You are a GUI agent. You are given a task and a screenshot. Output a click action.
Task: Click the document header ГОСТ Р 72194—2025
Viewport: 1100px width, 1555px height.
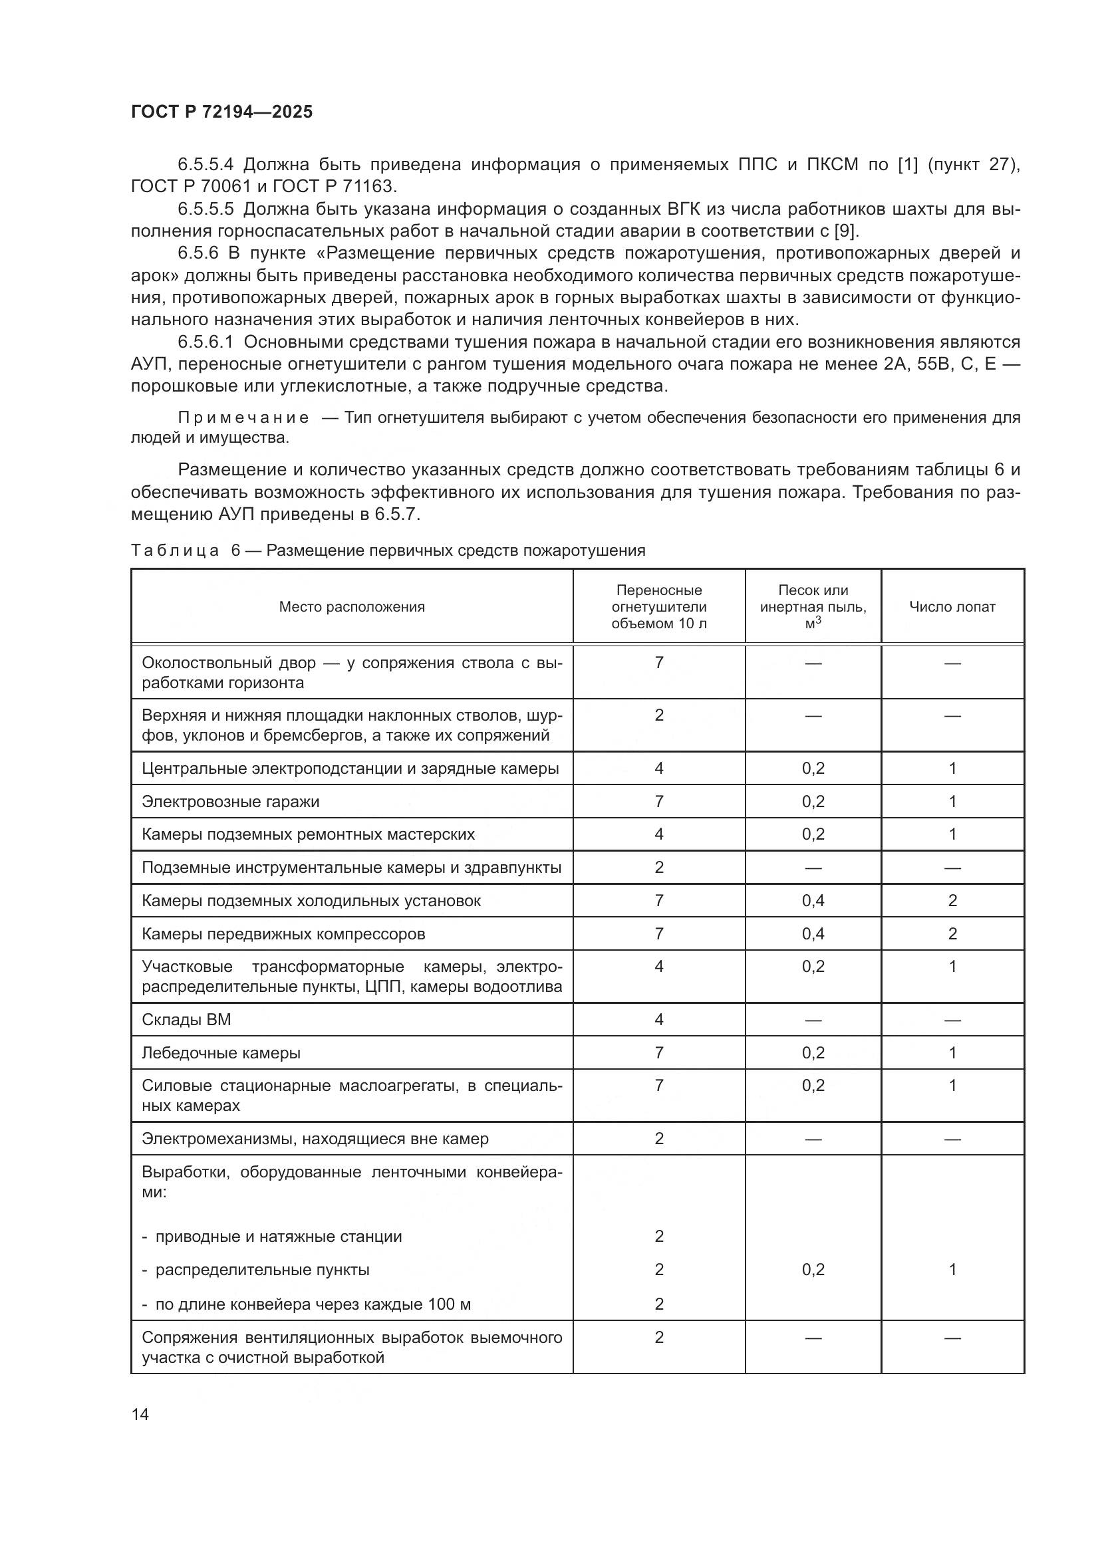coord(221,112)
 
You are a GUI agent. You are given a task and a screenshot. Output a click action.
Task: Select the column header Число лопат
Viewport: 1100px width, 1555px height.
coord(952,607)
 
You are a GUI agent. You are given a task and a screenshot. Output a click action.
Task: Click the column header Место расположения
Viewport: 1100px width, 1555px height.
coord(352,607)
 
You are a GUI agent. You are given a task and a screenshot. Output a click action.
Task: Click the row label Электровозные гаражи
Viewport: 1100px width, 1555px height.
coord(230,802)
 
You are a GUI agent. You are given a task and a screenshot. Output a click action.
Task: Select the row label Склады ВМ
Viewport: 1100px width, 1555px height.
coord(186,1020)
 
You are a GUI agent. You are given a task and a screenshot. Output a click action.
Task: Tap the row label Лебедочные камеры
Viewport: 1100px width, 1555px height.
coord(221,1053)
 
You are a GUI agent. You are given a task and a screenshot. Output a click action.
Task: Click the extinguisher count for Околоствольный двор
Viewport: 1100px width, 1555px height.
coord(658,662)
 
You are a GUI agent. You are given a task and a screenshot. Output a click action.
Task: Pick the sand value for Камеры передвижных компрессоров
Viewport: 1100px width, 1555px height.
coord(813,934)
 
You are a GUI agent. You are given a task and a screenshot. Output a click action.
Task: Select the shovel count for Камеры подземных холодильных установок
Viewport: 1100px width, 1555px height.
coord(952,901)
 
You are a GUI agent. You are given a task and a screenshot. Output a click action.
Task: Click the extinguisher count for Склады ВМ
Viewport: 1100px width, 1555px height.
coord(658,1020)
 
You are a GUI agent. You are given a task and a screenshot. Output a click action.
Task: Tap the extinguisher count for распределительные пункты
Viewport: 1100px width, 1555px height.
coord(658,1270)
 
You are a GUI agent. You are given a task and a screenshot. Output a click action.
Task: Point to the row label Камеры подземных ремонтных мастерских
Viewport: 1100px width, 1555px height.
coord(308,834)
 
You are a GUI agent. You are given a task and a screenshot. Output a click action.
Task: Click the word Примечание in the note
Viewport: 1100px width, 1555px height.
coord(243,418)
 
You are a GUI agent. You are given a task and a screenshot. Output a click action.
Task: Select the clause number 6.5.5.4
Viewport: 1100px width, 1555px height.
coord(206,165)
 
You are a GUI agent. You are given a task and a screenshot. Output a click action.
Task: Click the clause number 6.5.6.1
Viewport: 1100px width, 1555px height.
coord(206,342)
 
